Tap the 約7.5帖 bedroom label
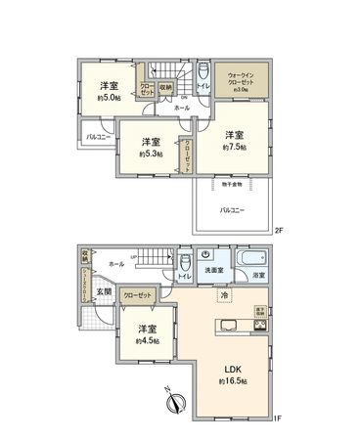coord(231,147)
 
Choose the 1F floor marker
coord(277,418)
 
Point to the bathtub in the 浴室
coord(250,259)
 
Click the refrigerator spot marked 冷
coord(222,296)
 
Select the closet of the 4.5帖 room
coord(140,294)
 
